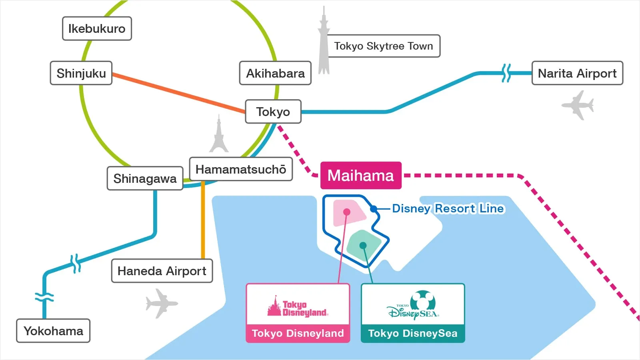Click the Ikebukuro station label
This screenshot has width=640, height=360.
tap(97, 28)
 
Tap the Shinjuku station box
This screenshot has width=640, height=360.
tap(81, 73)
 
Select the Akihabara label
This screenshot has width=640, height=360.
tap(275, 73)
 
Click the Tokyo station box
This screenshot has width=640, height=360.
tap(273, 112)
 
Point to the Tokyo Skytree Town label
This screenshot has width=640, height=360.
tap(384, 46)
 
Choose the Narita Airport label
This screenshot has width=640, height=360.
tap(577, 73)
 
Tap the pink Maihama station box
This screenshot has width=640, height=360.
tap(361, 176)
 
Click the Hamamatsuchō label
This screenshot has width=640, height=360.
tap(241, 169)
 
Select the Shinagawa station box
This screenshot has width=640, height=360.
tap(145, 178)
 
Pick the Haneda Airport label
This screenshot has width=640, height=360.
tap(162, 271)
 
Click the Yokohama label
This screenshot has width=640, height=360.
tap(53, 331)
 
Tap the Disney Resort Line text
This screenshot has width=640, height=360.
tap(448, 208)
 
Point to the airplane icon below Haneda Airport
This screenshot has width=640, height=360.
tap(161, 303)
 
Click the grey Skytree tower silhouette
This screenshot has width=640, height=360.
tap(324, 44)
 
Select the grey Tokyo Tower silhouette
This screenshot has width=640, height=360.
tap(219, 136)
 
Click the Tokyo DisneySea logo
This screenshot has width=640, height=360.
tap(413, 306)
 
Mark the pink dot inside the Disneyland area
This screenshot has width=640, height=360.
tap(347, 212)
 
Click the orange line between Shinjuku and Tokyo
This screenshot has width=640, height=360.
tap(178, 93)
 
